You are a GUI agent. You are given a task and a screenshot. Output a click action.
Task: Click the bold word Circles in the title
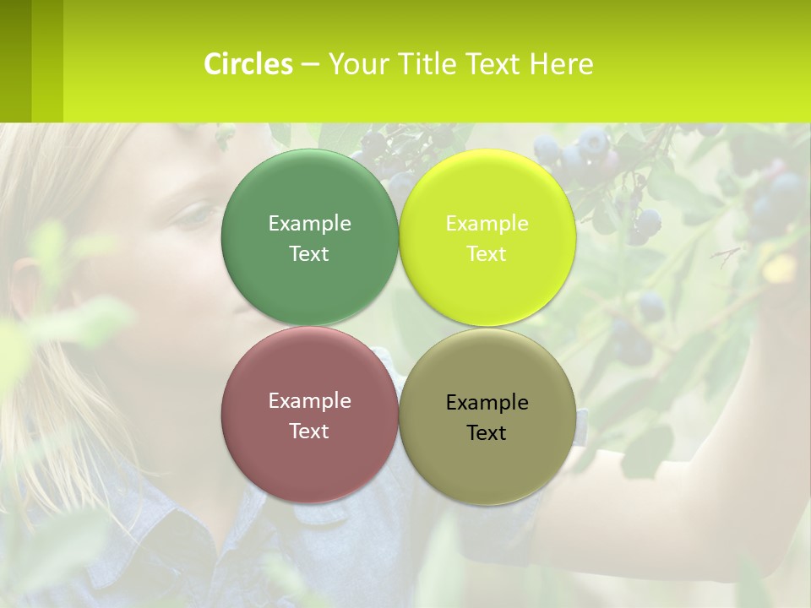248,64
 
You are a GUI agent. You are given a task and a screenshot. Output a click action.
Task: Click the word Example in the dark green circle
309,223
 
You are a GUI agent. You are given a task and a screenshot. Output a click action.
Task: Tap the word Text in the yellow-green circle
487,253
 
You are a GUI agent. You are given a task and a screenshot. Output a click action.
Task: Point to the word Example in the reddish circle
309,400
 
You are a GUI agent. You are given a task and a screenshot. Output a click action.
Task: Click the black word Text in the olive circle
487,432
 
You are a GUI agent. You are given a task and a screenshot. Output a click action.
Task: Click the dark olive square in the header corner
15,61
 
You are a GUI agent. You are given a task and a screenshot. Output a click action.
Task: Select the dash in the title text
310,64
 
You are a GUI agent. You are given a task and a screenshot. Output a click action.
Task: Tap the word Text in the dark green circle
309,253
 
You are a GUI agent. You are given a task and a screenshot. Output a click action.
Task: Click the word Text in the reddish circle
309,431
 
